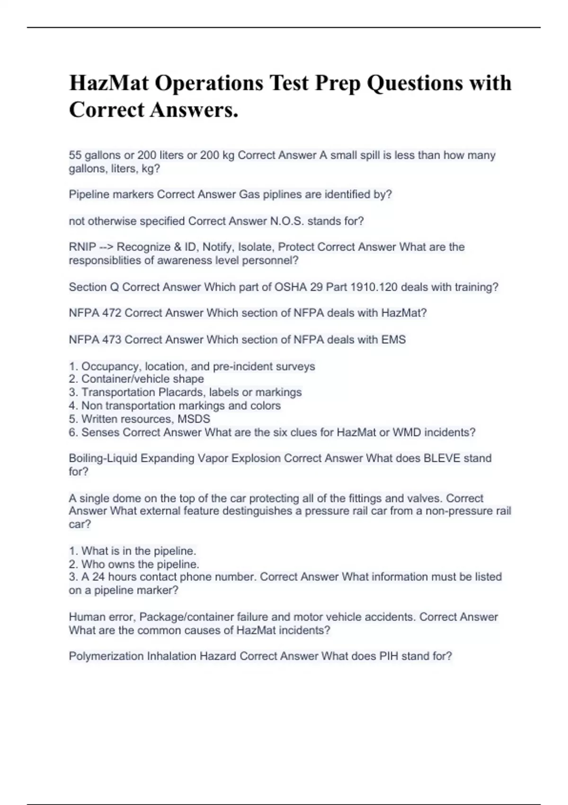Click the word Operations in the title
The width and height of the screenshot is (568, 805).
point(209,83)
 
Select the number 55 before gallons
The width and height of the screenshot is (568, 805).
point(75,155)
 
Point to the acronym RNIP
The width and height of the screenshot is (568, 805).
point(82,247)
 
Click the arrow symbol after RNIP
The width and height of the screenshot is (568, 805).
point(106,247)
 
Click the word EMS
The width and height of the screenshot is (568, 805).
point(394,340)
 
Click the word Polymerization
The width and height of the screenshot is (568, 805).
point(106,656)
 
